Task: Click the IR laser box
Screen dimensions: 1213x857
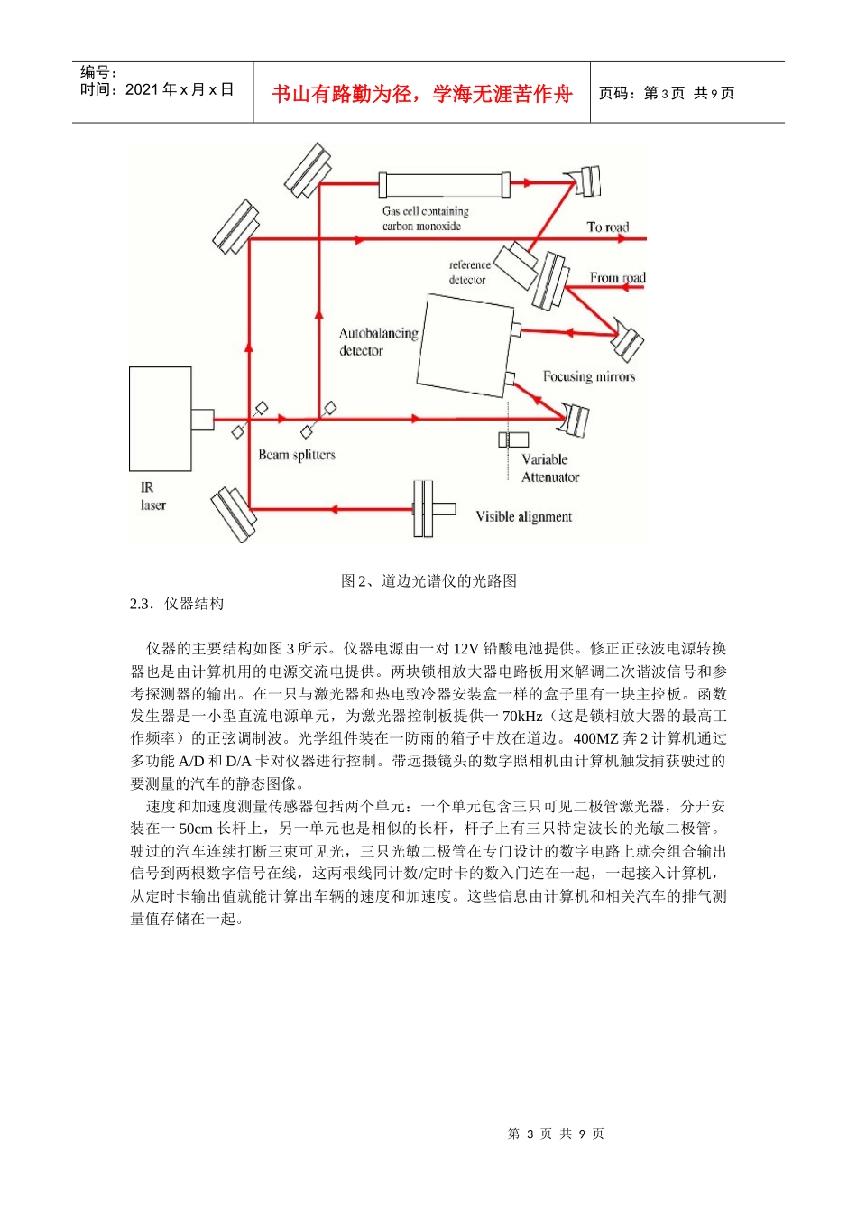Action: (161, 419)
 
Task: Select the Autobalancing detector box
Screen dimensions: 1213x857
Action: (465, 346)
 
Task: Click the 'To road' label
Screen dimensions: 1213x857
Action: (608, 227)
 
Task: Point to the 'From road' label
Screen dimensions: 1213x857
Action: (618, 278)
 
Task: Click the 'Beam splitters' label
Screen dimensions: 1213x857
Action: (297, 455)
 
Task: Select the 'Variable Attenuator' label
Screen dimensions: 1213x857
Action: (549, 468)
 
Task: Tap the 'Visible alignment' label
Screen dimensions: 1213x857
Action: (524, 517)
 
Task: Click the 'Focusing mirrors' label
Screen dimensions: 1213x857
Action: (589, 376)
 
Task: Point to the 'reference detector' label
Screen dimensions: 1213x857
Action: (469, 273)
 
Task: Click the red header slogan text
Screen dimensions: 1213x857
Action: (422, 94)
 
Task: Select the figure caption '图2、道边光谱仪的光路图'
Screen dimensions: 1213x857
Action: (428, 581)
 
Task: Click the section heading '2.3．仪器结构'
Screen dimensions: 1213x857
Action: (177, 604)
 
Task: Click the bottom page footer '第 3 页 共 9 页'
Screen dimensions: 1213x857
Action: (556, 1134)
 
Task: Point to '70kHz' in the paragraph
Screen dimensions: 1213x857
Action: (522, 717)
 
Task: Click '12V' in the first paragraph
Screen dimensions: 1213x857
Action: (465, 649)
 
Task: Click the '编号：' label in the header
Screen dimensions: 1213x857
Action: (99, 72)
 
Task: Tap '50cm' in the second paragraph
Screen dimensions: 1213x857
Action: (196, 829)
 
